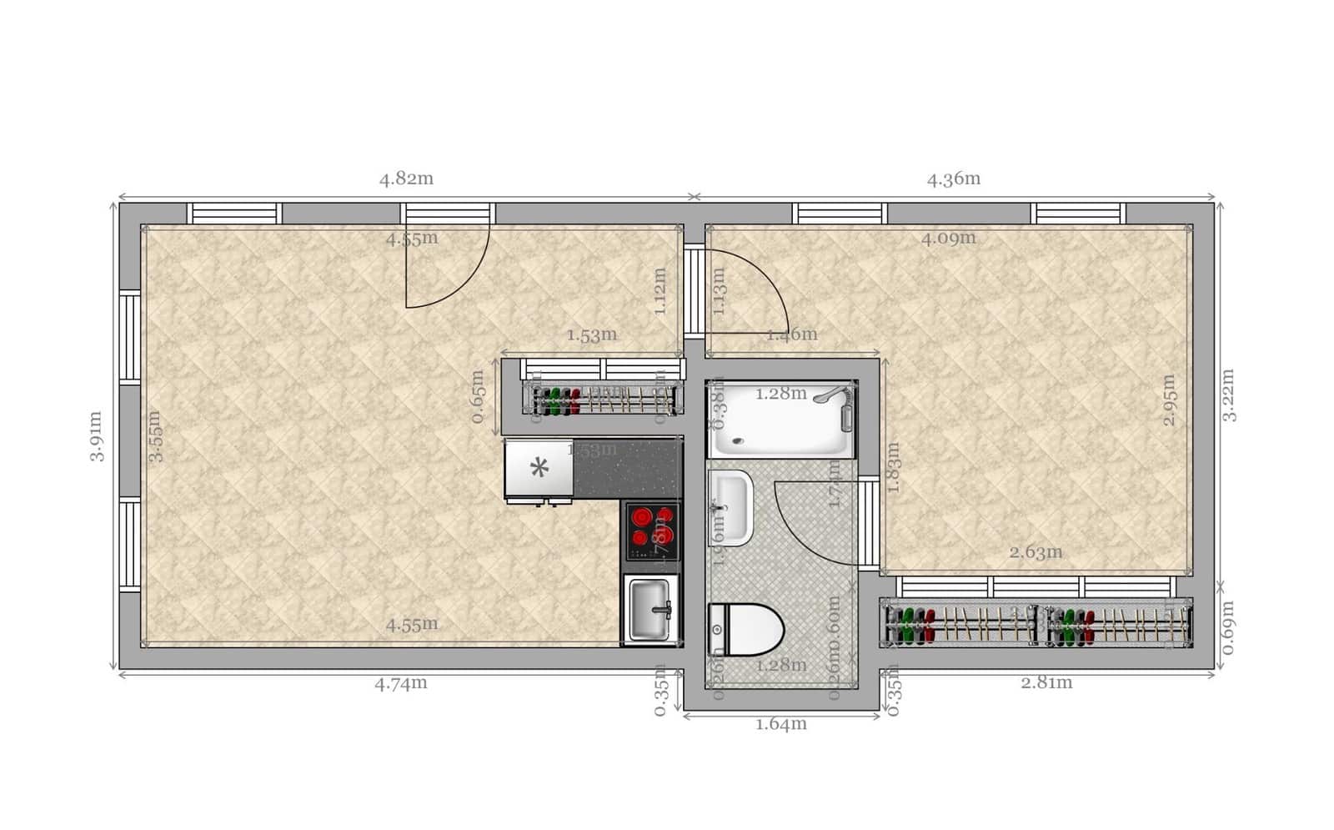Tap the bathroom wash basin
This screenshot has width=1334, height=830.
click(730, 507)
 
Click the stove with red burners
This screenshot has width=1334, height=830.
click(652, 531)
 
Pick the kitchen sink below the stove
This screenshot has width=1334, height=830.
click(651, 610)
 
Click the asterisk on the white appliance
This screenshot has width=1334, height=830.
click(539, 468)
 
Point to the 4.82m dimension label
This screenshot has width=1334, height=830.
click(406, 179)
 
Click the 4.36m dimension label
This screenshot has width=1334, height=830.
click(953, 179)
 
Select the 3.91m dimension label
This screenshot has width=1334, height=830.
click(97, 435)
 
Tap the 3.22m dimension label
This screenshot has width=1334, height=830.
click(1229, 395)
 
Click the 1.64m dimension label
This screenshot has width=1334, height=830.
click(780, 724)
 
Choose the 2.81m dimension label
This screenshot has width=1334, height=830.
click(1046, 683)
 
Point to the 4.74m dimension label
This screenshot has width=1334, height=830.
click(400, 683)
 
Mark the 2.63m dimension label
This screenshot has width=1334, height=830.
click(1036, 552)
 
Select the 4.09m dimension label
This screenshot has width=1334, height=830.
click(948, 239)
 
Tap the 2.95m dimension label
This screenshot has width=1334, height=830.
click(1170, 400)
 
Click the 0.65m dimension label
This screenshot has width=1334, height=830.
click(478, 396)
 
